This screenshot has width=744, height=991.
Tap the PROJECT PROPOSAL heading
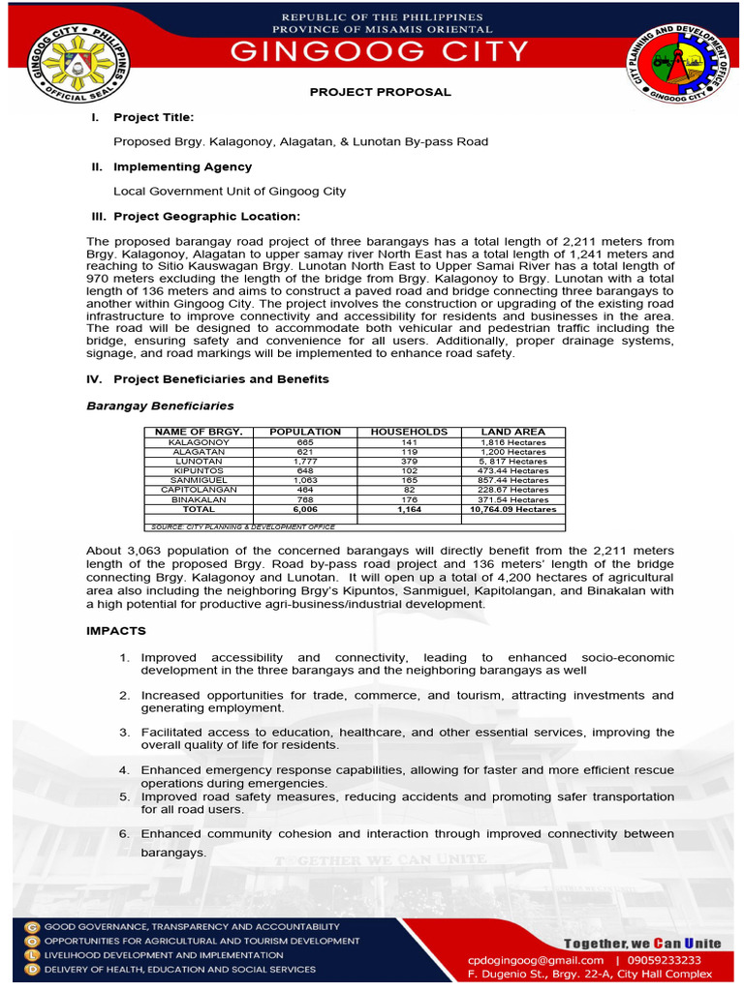click(x=380, y=92)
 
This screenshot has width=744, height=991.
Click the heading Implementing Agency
click(x=183, y=167)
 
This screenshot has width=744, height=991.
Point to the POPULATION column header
click(x=305, y=432)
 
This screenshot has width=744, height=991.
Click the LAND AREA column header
click(x=512, y=432)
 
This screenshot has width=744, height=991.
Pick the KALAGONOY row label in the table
click(x=199, y=442)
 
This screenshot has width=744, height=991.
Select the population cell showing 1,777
click(x=305, y=462)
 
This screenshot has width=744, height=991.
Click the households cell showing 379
click(x=409, y=462)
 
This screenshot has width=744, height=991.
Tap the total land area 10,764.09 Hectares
click(x=512, y=509)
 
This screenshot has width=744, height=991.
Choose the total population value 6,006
click(x=305, y=509)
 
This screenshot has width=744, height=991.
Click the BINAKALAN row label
click(x=199, y=499)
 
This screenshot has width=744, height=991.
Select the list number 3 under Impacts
click(x=124, y=733)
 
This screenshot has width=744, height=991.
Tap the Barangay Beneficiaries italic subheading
click(x=160, y=405)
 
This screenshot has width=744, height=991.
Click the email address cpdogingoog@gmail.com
click(x=535, y=960)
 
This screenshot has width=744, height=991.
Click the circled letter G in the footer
click(x=32, y=926)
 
